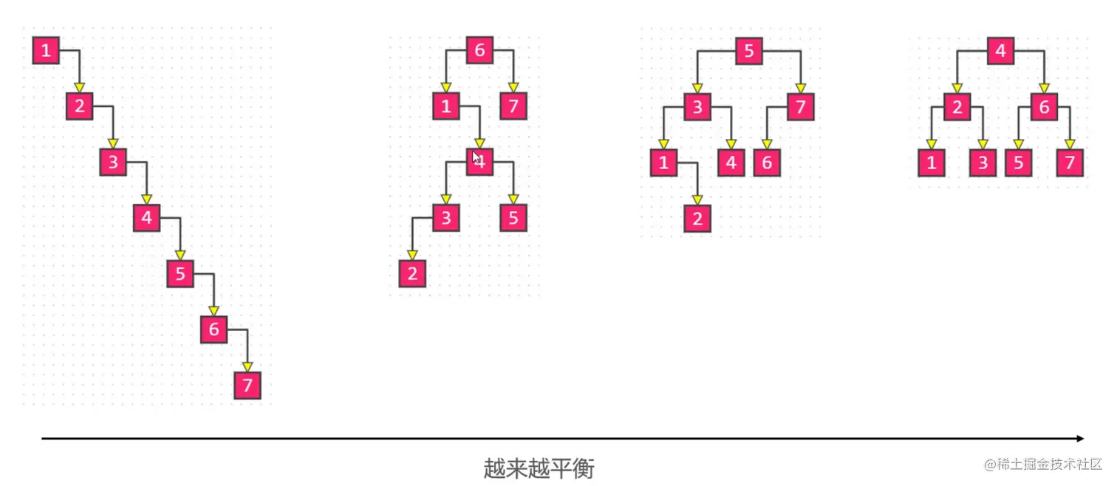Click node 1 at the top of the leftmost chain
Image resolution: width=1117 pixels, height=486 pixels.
pyautogui.click(x=46, y=51)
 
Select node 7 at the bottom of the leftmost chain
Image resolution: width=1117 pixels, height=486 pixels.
pyautogui.click(x=247, y=385)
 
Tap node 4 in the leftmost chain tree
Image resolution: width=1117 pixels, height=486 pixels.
pyautogui.click(x=147, y=218)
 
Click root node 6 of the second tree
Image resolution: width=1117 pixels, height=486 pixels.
pyautogui.click(x=479, y=51)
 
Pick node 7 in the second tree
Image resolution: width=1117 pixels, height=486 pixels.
pyautogui.click(x=513, y=106)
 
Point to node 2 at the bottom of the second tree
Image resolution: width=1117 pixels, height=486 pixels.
pyautogui.click(x=412, y=274)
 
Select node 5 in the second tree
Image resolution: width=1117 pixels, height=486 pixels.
pyautogui.click(x=513, y=218)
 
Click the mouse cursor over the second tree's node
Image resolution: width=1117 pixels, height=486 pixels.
pyautogui.click(x=476, y=157)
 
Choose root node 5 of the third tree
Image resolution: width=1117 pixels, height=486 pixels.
pyautogui.click(x=748, y=51)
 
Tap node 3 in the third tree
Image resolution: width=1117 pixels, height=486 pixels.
pyautogui.click(x=697, y=108)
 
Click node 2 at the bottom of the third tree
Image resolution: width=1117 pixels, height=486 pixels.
pyautogui.click(x=697, y=219)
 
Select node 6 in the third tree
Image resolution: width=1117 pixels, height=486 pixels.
pyautogui.click(x=767, y=162)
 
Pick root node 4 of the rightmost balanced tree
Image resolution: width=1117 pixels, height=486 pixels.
pyautogui.click(x=1000, y=51)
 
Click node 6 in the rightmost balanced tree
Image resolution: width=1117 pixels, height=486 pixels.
pyautogui.click(x=1044, y=108)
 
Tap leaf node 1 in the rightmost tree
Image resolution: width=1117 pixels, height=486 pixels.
pyautogui.click(x=932, y=162)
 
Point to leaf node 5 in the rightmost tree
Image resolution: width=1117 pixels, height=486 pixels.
pyautogui.click(x=1018, y=162)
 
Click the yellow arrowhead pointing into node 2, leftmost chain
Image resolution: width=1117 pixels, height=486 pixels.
pyautogui.click(x=80, y=88)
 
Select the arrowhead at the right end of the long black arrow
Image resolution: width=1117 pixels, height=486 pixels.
pyautogui.click(x=1080, y=439)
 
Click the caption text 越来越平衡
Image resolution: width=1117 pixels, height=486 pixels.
pyautogui.click(x=539, y=468)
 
